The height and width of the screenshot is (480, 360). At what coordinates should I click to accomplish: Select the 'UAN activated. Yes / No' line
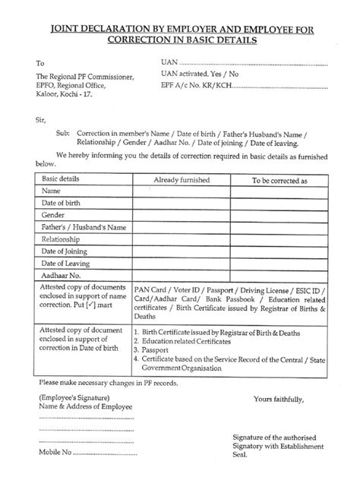point(201,74)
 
